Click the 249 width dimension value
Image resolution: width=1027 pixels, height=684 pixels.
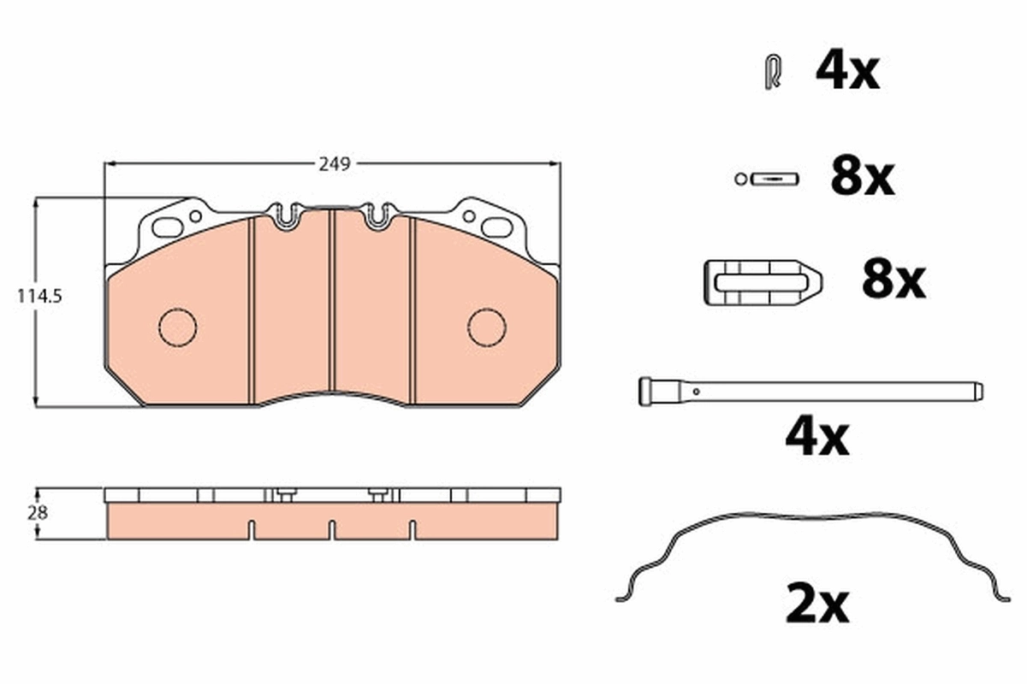pyautogui.click(x=335, y=164)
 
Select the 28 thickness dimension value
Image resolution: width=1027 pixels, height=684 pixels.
pyautogui.click(x=39, y=513)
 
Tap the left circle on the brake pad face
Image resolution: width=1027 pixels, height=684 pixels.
pyautogui.click(x=178, y=327)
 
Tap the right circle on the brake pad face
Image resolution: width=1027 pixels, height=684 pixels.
pyautogui.click(x=487, y=327)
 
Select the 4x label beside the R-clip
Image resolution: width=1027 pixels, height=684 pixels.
pyautogui.click(x=846, y=72)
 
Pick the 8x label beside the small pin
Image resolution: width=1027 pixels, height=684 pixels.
pyautogui.click(x=862, y=178)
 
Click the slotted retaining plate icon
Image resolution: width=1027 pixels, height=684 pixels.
pyautogui.click(x=762, y=281)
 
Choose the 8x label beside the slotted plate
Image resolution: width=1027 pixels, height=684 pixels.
pyautogui.click(x=893, y=280)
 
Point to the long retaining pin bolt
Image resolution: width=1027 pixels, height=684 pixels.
pyautogui.click(x=810, y=392)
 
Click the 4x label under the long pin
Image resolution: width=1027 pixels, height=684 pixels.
pyautogui.click(x=817, y=438)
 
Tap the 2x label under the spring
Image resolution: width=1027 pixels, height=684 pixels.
pyautogui.click(x=817, y=604)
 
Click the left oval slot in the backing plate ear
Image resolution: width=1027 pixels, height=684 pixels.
pyautogui.click(x=168, y=227)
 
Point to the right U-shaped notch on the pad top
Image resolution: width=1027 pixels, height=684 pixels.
pyautogui.click(x=377, y=216)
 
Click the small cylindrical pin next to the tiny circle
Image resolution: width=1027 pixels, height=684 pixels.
pyautogui.click(x=774, y=179)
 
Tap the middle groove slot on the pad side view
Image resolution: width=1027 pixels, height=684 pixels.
pyautogui.click(x=331, y=530)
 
